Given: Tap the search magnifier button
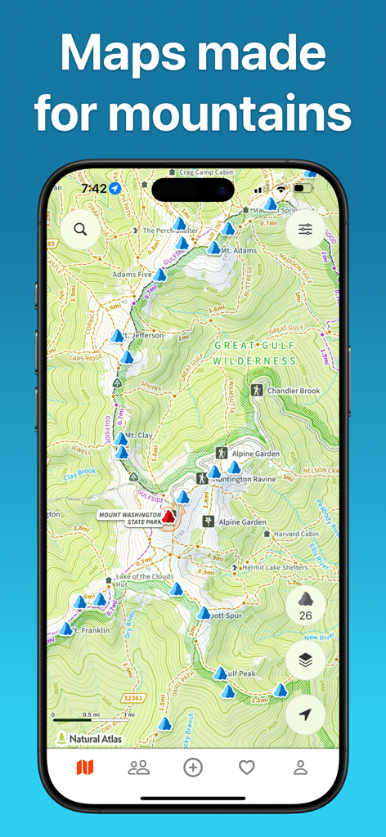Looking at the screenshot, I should click(x=80, y=230).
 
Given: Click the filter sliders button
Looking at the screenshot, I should click(x=305, y=230).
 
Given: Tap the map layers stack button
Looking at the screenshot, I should click(x=305, y=661).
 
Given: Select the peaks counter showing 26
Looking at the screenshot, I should click(x=305, y=606).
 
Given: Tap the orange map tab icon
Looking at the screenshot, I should click(x=84, y=768).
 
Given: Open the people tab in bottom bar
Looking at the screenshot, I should click(x=139, y=768).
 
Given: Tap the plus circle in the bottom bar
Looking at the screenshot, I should click(x=193, y=768).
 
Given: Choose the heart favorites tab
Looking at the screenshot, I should click(x=247, y=768).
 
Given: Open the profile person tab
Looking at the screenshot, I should click(x=301, y=768).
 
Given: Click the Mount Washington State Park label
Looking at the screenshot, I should click(x=129, y=518).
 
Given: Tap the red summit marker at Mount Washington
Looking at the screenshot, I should click(x=169, y=517).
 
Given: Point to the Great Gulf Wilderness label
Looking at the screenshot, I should click(x=254, y=352).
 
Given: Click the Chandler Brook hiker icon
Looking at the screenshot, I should click(x=257, y=391).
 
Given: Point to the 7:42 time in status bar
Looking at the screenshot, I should click(x=93, y=188).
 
